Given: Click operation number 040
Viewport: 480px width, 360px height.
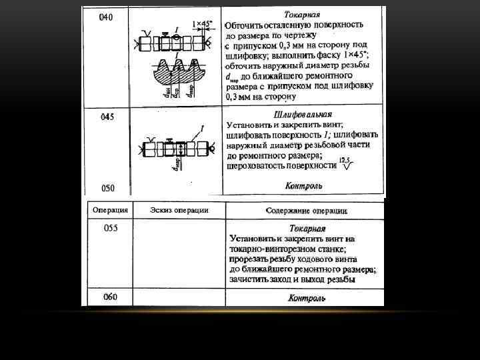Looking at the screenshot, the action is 105,17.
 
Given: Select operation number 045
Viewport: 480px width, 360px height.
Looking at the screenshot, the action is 107,117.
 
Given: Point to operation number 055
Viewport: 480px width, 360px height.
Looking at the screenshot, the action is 111,228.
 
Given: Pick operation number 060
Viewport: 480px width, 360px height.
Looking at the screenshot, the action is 111,297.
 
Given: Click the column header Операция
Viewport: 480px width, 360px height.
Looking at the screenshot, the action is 110,210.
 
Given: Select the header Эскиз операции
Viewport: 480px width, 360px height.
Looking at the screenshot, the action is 179,210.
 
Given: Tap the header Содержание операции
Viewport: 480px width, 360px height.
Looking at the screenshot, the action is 306,211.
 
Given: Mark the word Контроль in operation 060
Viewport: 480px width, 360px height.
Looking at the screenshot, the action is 307,297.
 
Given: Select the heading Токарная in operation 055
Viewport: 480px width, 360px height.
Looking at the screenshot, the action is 307,228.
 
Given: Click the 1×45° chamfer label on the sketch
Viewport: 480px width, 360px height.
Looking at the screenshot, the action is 202,24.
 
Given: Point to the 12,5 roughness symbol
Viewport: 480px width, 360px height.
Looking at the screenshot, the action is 345,164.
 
